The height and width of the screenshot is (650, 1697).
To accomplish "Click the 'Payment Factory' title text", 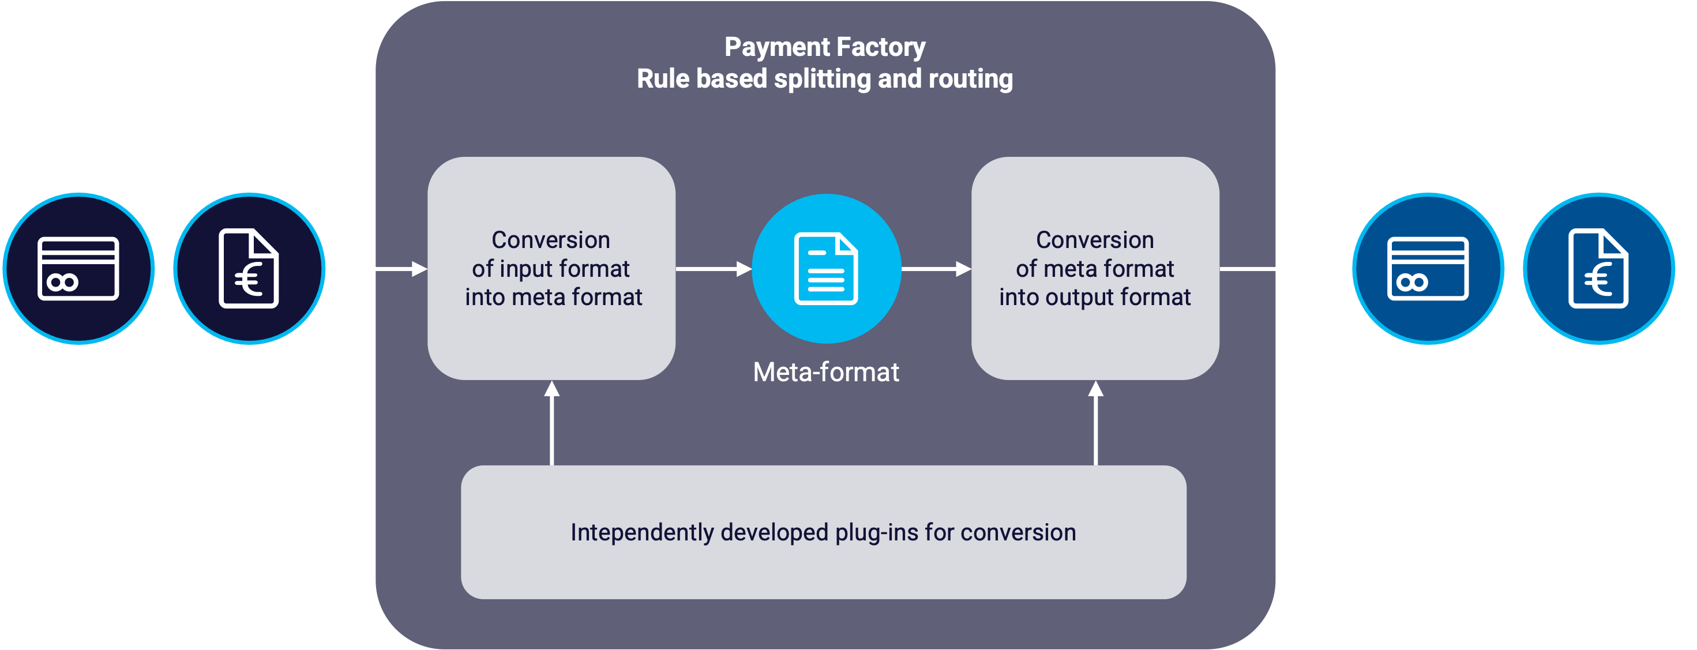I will click(x=825, y=47).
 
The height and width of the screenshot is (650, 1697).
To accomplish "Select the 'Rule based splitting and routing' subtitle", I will click(x=825, y=79).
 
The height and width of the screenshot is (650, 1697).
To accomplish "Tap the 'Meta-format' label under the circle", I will click(x=826, y=373).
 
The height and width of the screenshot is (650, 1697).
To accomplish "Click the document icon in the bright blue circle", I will click(x=826, y=269).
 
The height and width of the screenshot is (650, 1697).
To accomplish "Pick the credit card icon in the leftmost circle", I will click(x=78, y=269).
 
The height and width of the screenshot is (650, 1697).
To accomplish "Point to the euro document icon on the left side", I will click(x=249, y=269).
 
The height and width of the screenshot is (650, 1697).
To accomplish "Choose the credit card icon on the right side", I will click(x=1428, y=269).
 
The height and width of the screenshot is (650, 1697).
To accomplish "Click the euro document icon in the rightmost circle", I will click(x=1598, y=269).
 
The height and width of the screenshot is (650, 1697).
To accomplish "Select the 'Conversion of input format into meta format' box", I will click(x=551, y=269).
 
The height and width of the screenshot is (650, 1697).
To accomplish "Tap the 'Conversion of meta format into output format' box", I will click(x=1095, y=269).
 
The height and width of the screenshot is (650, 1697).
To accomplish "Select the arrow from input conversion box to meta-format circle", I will click(x=714, y=269).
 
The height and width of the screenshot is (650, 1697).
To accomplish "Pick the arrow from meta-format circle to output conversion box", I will click(x=936, y=269).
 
